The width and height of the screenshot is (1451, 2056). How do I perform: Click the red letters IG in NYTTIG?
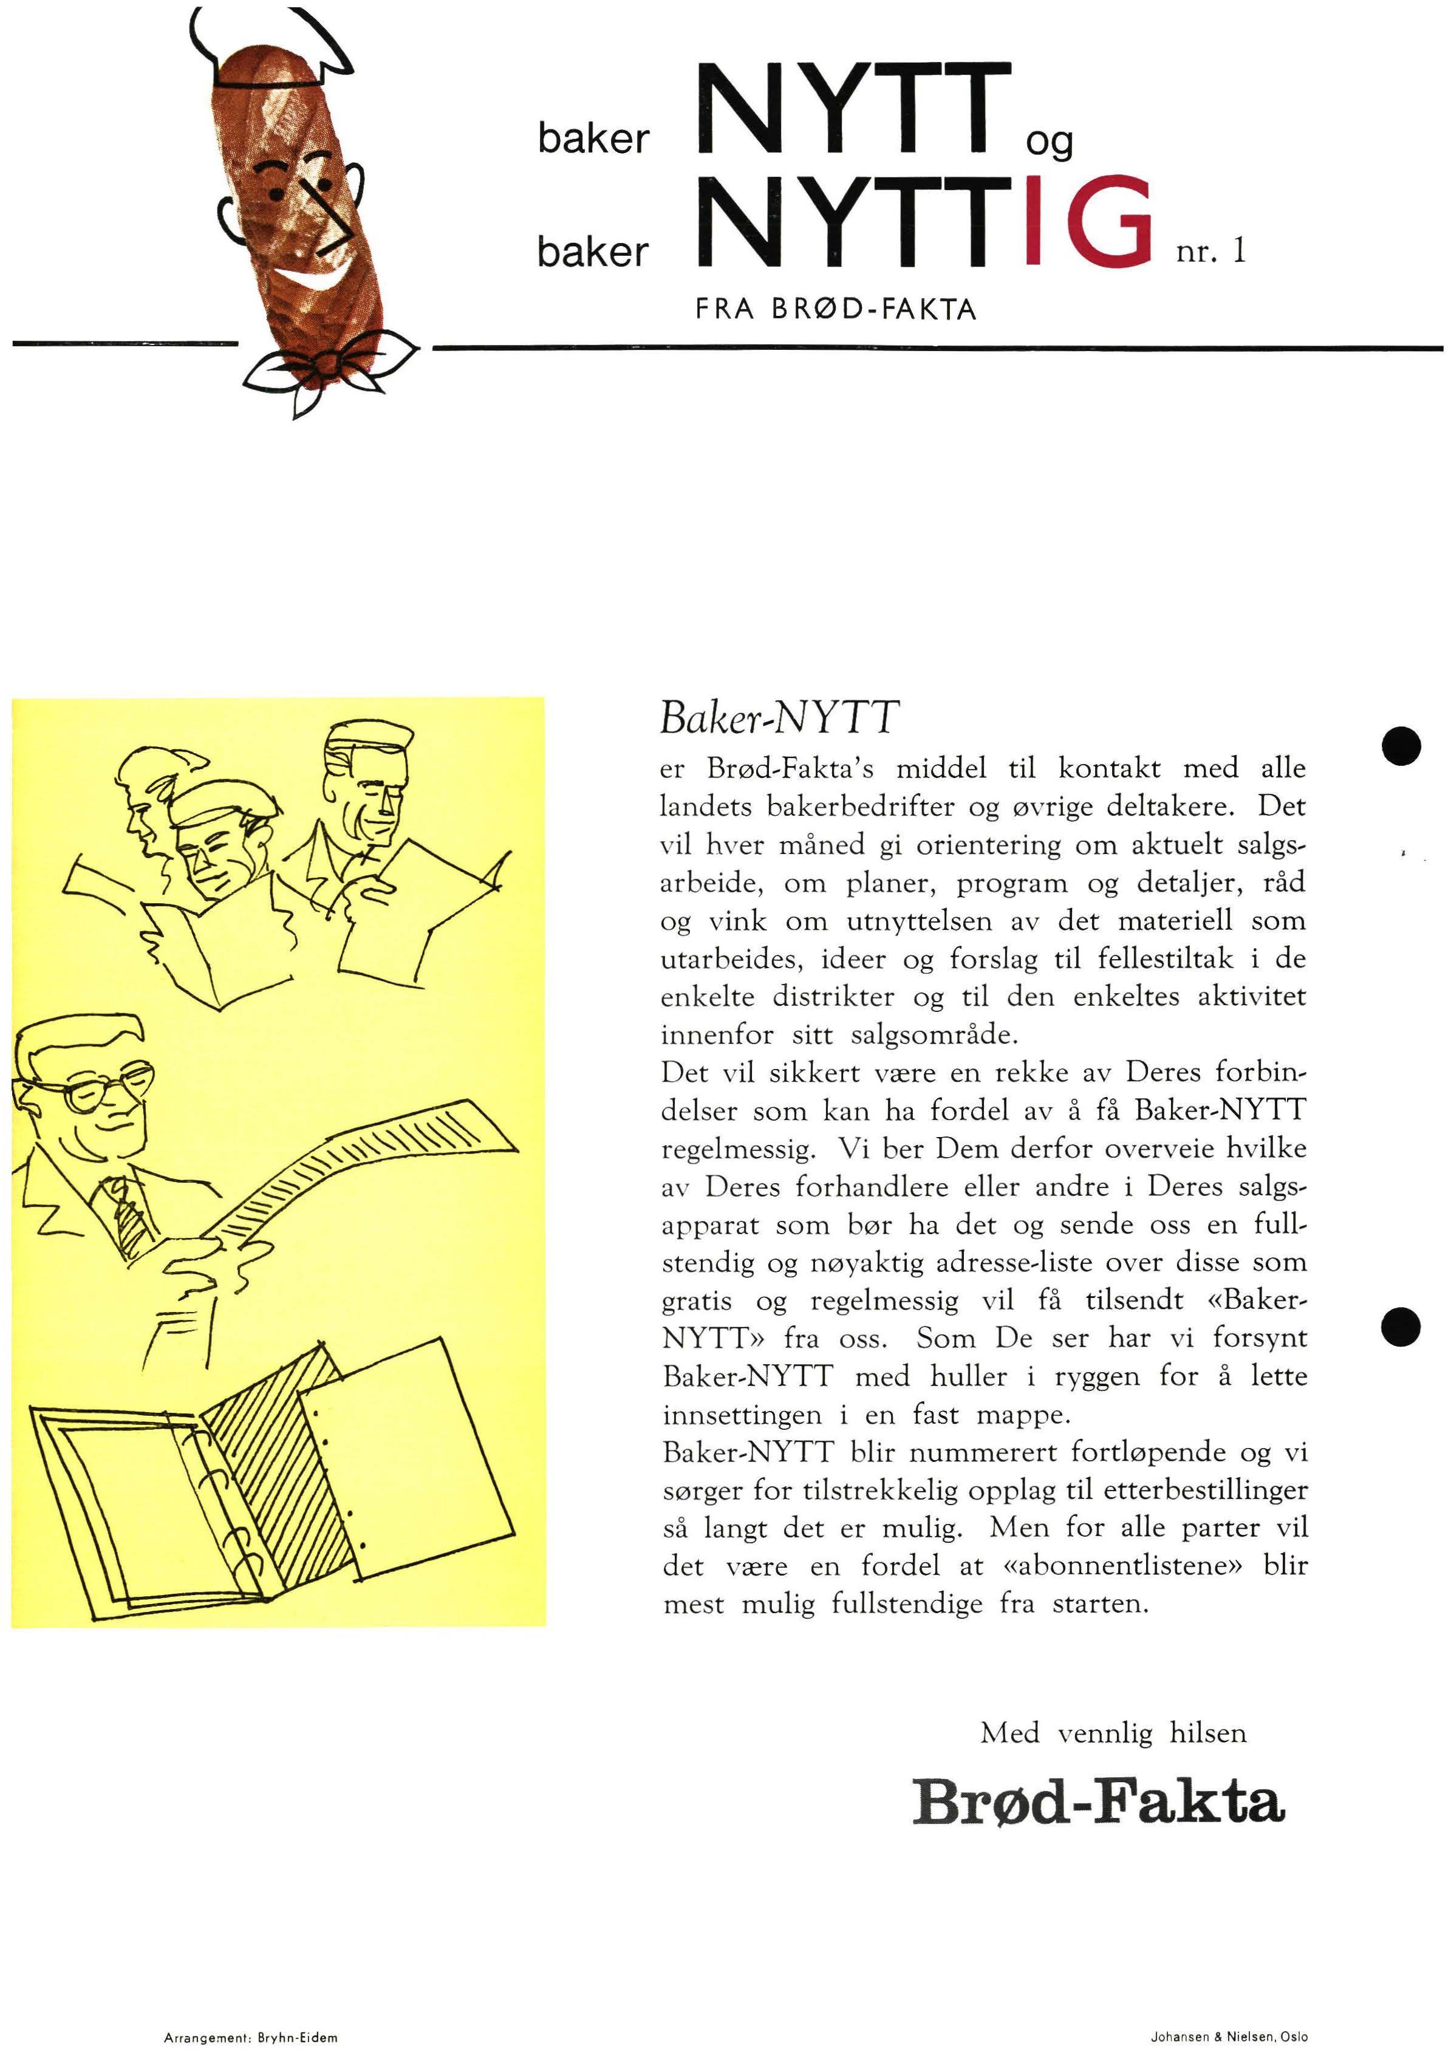pyautogui.click(x=1089, y=220)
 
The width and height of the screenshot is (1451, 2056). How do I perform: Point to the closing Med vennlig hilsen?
pyautogui.click(x=1113, y=1733)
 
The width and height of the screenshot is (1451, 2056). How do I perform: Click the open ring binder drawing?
pyautogui.click(x=268, y=1486)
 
